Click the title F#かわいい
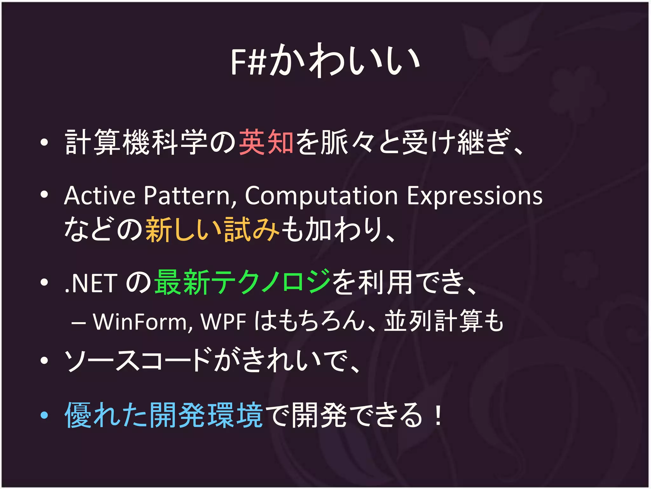point(325,60)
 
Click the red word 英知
point(266,142)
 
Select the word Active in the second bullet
point(99,195)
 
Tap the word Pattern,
point(190,195)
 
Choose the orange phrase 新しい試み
point(212,229)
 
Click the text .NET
point(90,283)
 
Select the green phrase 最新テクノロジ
point(242,282)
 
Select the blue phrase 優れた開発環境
point(163,415)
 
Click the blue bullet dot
point(44,415)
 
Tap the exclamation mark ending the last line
point(438,415)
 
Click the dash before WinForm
point(78,323)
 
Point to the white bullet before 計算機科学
point(44,143)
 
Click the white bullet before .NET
point(44,282)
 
